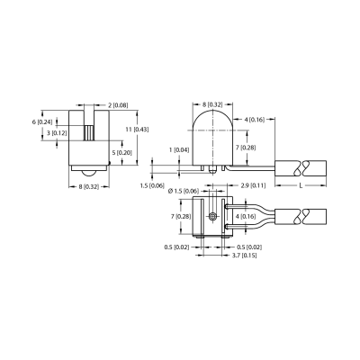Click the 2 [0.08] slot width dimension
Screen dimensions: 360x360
pos(118,105)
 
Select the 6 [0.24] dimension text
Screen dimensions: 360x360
pos(42,122)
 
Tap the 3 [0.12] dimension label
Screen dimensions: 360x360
pos(57,133)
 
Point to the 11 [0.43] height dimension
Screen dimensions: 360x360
pos(137,130)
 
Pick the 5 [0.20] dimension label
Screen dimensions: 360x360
pos(121,152)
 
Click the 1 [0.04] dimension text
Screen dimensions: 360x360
pos(179,149)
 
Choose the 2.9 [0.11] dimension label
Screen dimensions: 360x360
pos(253,185)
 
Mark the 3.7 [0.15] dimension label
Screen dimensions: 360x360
pos(244,256)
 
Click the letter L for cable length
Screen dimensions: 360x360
pos(301,185)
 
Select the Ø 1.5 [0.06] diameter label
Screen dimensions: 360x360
pos(184,191)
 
